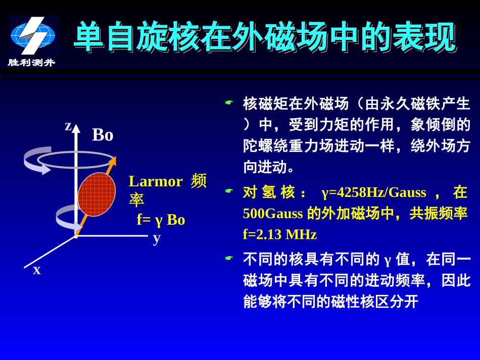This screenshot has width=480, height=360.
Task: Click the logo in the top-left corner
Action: click(33, 36)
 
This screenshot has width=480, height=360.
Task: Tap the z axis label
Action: click(68, 126)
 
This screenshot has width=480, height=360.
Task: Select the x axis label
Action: click(37, 270)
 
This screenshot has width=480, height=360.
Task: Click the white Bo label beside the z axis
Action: click(103, 135)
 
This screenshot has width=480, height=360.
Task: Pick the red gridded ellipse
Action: click(97, 194)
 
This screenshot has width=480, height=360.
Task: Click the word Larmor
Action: click(156, 181)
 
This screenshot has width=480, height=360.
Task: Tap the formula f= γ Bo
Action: click(161, 220)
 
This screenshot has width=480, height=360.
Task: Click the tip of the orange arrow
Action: click(114, 159)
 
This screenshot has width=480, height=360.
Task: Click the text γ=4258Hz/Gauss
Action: click(374, 192)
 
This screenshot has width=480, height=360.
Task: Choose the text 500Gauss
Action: click(273, 214)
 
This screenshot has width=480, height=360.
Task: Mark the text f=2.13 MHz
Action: click(280, 235)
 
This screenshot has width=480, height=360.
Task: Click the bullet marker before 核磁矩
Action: click(229, 103)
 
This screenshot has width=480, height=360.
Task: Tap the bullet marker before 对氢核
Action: click(229, 191)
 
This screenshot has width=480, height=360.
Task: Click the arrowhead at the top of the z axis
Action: click(76, 128)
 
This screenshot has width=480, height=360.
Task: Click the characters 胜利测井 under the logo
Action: click(31, 63)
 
